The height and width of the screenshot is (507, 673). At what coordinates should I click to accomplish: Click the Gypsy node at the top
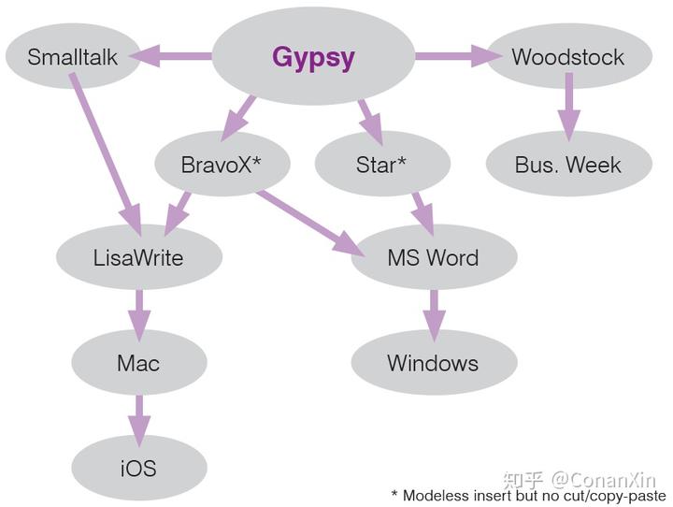tap(313, 57)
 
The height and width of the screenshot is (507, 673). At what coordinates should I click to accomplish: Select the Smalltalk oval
tap(72, 57)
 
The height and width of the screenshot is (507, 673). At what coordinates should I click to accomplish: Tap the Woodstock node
tap(567, 57)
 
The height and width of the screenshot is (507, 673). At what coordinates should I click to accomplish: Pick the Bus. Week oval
tap(567, 165)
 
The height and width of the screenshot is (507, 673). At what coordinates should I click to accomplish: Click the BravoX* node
tap(222, 165)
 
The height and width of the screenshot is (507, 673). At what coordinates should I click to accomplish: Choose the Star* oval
tap(381, 165)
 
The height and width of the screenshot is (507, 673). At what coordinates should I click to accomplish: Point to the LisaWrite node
tap(138, 257)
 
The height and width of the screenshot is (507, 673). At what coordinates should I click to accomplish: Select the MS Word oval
tap(433, 257)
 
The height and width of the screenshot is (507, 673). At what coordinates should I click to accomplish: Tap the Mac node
tap(138, 363)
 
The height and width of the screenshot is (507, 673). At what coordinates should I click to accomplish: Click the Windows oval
tap(433, 363)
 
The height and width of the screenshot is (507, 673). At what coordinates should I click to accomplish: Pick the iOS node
tap(138, 468)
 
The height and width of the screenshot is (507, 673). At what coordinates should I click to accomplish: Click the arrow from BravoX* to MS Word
tap(309, 222)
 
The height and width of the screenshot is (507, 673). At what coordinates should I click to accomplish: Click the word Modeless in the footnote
tap(439, 496)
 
